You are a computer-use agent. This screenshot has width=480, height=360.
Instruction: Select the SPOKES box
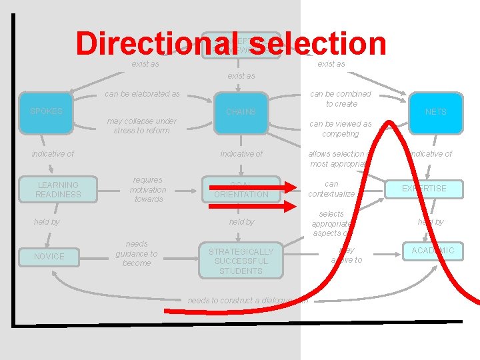[x=47, y=111]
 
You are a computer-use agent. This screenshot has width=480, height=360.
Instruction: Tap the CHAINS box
[x=241, y=111]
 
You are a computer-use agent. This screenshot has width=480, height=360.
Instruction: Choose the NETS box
[x=436, y=111]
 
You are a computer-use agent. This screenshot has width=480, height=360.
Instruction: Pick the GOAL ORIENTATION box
[x=241, y=189]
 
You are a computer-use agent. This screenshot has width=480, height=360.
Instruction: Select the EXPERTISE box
[x=424, y=189]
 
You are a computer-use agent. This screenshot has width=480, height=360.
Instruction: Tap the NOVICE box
[x=49, y=256]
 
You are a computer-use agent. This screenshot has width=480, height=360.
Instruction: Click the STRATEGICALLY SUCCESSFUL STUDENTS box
[x=241, y=261]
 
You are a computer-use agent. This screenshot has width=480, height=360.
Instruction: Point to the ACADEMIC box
[x=433, y=251]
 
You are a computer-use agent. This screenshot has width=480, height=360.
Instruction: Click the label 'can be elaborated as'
[x=142, y=94]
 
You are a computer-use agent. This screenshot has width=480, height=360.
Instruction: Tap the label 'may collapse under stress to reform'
[x=142, y=125]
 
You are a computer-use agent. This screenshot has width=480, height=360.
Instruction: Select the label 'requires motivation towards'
[x=148, y=189]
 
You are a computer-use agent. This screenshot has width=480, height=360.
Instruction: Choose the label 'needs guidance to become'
[x=136, y=253]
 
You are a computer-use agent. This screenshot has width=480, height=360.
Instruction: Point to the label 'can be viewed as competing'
[x=340, y=129]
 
